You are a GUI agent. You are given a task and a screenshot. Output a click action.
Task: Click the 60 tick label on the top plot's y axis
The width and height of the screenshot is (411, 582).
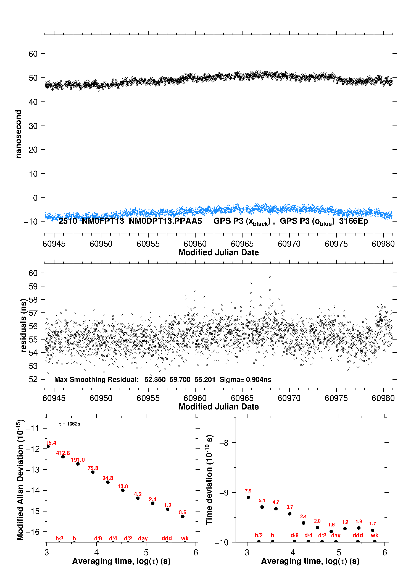pyautogui.click(x=33, y=54)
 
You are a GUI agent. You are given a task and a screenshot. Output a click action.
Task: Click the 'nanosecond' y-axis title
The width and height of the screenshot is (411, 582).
pyautogui.click(x=19, y=134)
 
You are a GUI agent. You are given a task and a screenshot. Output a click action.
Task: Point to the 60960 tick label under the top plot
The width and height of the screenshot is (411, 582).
pyautogui.click(x=195, y=244)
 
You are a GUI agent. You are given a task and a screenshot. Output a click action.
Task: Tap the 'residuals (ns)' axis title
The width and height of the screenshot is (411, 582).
pyautogui.click(x=23, y=325)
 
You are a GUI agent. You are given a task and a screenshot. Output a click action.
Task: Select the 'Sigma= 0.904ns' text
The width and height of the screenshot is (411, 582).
pyautogui.click(x=245, y=379)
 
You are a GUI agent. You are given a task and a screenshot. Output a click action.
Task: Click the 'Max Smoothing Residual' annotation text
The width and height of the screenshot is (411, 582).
pyautogui.click(x=96, y=379)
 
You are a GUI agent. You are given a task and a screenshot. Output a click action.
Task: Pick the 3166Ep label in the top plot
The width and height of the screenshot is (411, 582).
pyautogui.click(x=354, y=221)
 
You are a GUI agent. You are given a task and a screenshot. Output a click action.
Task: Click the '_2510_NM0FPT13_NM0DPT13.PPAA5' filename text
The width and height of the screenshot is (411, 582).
pyautogui.click(x=128, y=221)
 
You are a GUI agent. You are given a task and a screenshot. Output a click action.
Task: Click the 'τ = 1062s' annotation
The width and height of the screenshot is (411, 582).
pyautogui.click(x=70, y=424)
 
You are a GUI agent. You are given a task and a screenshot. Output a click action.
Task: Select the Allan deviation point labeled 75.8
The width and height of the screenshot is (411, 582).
pyautogui.click(x=93, y=472)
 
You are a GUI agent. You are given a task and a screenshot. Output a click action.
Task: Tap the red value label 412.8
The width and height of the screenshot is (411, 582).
pyautogui.click(x=63, y=453)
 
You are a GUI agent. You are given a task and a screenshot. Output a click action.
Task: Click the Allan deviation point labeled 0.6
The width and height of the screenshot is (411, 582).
pyautogui.click(x=183, y=516)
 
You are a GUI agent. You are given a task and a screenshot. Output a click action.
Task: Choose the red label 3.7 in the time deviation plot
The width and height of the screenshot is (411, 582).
pyautogui.click(x=289, y=507)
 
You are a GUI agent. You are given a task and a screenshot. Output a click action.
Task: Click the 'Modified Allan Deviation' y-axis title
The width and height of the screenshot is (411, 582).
pyautogui.click(x=20, y=480)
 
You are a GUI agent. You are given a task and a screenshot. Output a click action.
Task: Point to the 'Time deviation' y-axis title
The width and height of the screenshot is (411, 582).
pyautogui.click(x=209, y=480)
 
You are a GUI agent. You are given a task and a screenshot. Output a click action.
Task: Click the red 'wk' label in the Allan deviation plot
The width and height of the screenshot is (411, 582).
pyautogui.click(x=185, y=538)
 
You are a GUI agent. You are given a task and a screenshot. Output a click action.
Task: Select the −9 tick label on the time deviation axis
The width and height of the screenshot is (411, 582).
pyautogui.click(x=224, y=493)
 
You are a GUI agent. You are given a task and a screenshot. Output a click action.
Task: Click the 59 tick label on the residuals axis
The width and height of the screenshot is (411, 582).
pyautogui.click(x=33, y=286)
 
